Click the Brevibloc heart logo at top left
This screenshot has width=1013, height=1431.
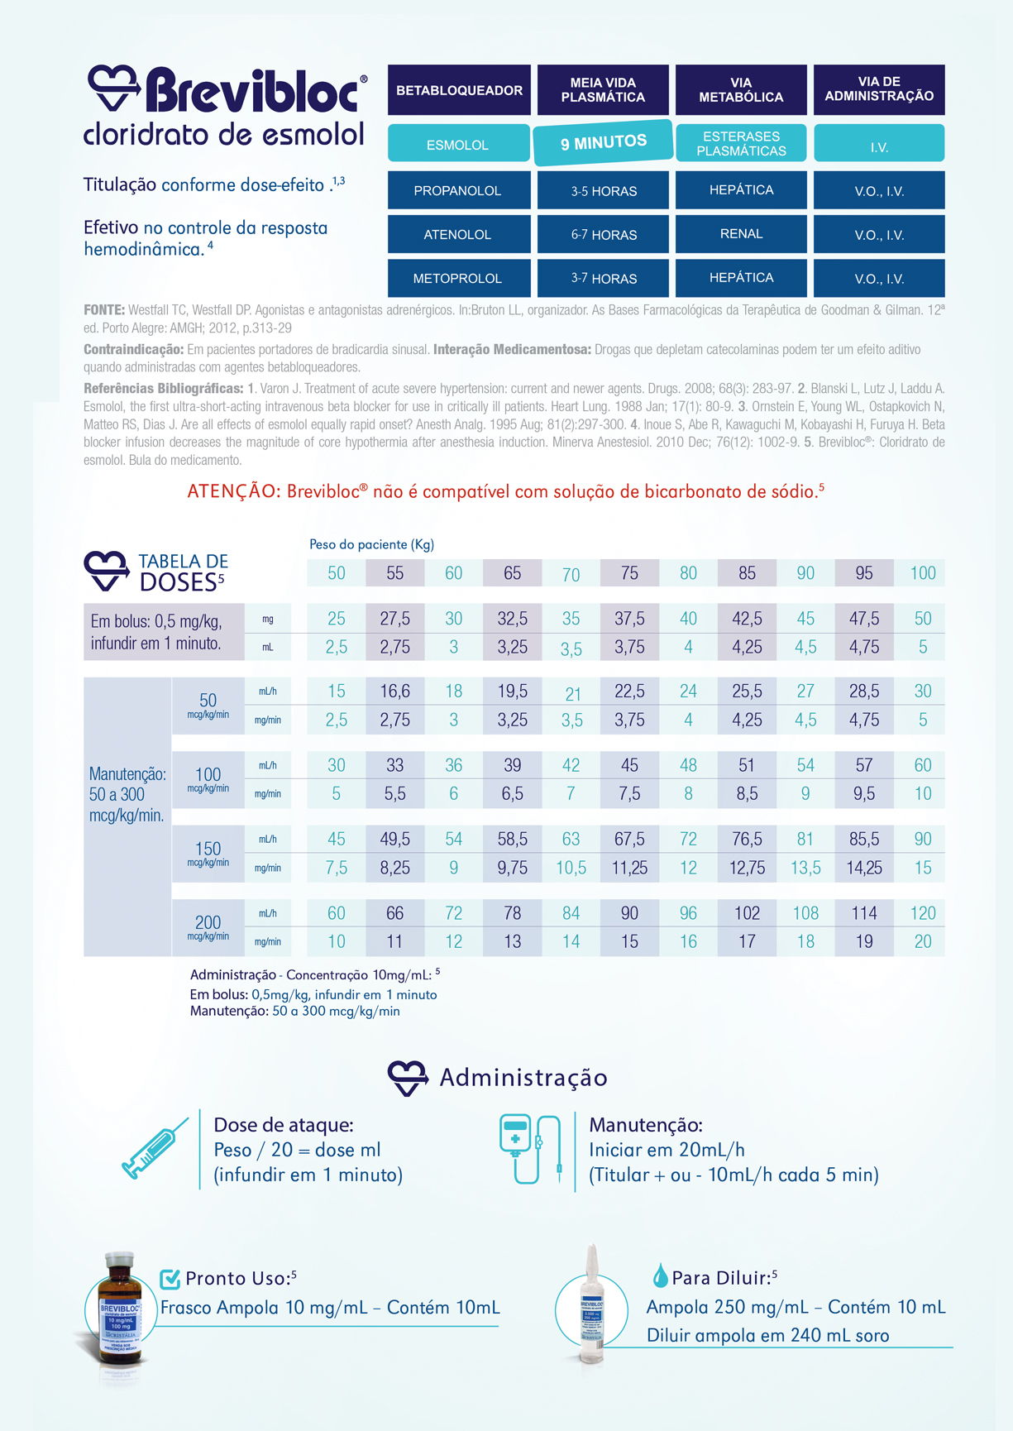pos(113,89)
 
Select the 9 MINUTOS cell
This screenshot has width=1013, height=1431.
pos(604,142)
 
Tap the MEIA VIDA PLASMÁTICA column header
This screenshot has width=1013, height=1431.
pos(603,90)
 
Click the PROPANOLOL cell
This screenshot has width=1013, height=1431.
pos(458,190)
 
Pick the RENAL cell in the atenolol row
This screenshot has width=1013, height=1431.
pos(741,234)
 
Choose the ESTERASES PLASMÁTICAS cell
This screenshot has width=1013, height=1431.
pos(741,143)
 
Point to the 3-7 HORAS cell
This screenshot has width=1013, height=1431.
pos(604,278)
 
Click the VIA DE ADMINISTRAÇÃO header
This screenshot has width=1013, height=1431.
pos(879,89)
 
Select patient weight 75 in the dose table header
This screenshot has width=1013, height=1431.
pos(629,573)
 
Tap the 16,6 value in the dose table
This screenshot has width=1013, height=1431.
pos(395,692)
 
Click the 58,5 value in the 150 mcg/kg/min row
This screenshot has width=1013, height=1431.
pos(513,840)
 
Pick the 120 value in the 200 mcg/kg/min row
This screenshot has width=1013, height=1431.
pos(923,913)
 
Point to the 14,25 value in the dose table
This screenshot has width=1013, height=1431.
pos(864,868)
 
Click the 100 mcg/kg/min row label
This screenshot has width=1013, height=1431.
pos(208,778)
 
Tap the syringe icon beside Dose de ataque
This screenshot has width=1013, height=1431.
pos(155,1148)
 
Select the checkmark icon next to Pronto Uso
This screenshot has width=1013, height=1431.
pos(170,1279)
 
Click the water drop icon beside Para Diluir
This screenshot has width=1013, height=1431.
pos(660,1275)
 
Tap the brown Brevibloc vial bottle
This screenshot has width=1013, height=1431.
pos(121,1309)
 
